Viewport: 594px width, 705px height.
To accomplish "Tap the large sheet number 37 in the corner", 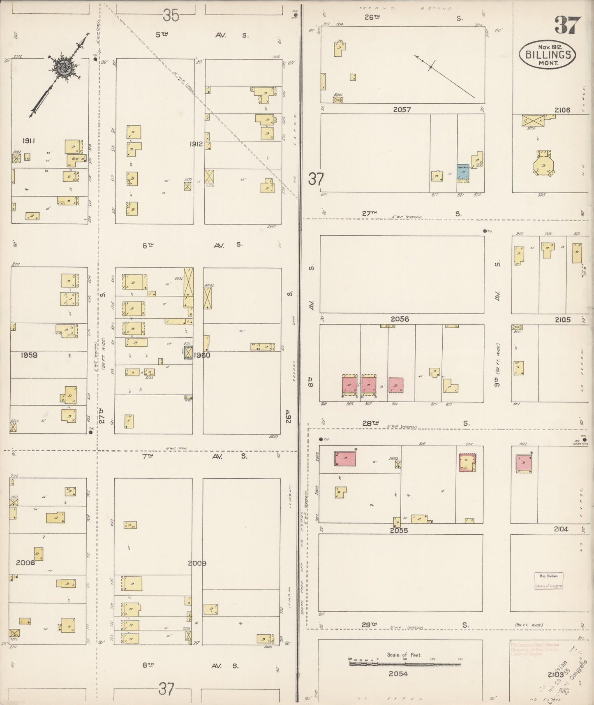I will click(567, 26).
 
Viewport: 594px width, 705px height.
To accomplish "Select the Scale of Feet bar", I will click(405, 663).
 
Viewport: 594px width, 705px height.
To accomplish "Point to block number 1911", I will click(29, 141).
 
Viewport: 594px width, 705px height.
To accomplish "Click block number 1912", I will click(196, 144).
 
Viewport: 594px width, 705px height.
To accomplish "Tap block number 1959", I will click(29, 355).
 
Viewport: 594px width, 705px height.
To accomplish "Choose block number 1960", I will click(201, 355).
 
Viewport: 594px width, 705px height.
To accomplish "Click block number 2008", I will click(26, 562).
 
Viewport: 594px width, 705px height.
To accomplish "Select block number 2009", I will click(197, 563).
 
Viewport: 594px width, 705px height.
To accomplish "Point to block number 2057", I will click(402, 110).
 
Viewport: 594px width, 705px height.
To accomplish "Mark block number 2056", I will click(400, 319).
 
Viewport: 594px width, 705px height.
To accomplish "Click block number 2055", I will click(399, 531).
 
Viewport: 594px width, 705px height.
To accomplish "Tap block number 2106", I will click(562, 110).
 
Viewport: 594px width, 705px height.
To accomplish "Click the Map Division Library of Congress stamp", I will click(549, 581).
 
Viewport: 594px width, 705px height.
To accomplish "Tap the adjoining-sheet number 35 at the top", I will click(171, 16).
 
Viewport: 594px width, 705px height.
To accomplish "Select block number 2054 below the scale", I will click(398, 674).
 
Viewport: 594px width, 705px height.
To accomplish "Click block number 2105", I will click(562, 320).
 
